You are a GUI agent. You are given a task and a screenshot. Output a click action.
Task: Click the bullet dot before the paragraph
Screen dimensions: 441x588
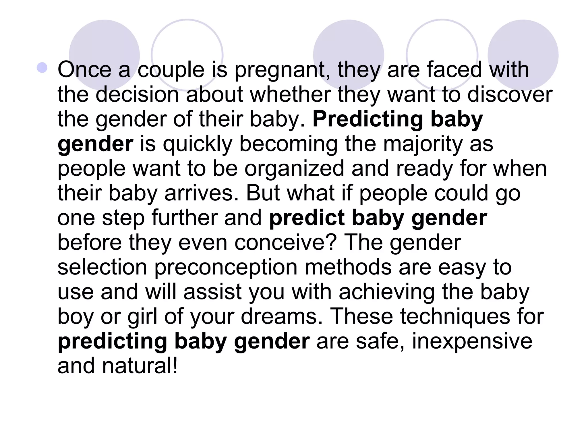click(x=42, y=68)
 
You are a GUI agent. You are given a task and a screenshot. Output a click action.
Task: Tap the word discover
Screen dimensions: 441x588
click(x=510, y=95)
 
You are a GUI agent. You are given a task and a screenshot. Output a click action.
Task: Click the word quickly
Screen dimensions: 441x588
click(x=198, y=144)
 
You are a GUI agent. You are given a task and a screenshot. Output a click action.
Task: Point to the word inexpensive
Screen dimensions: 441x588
click(x=472, y=342)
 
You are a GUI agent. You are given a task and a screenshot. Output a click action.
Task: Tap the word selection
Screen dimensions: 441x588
click(x=102, y=268)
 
